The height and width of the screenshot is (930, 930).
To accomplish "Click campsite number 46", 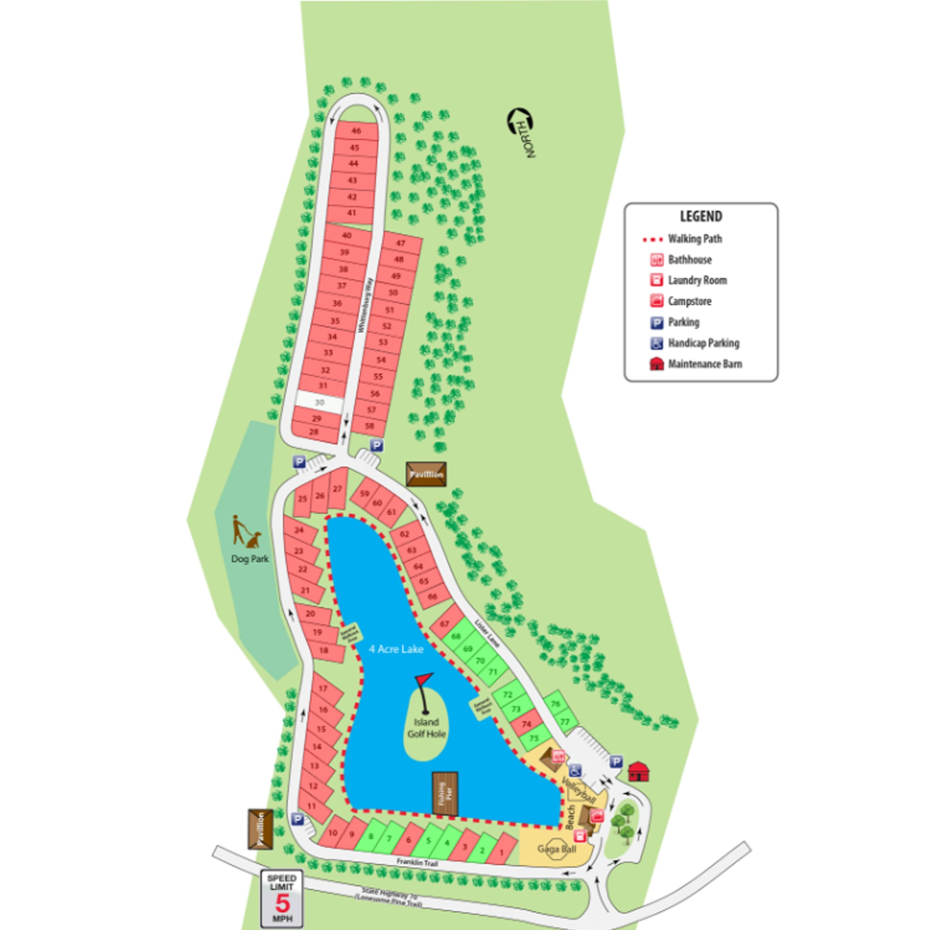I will coord(356,131).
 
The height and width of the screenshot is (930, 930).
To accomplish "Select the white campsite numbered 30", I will coord(319,402).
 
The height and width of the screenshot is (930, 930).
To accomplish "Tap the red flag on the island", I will coord(424,679).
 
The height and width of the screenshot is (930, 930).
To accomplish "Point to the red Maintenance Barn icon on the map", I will coord(639,772).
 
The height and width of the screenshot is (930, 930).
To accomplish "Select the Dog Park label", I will coord(250,559).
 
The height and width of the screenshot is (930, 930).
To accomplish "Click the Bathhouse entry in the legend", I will coord(689,260).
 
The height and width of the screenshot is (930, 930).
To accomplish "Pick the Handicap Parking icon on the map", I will coord(575,771).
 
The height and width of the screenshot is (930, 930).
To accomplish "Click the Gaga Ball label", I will coord(556,849).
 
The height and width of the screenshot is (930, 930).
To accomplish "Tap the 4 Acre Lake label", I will coord(396,649).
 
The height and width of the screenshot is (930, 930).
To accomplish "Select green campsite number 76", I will coord(556,704).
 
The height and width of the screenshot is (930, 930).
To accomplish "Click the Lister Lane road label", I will coord(488,633).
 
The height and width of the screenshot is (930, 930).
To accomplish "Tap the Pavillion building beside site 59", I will coord(426,475).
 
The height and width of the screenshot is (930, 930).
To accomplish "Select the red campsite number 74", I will coord(526,724).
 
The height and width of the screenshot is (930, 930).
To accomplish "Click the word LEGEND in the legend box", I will coord(701,217).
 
